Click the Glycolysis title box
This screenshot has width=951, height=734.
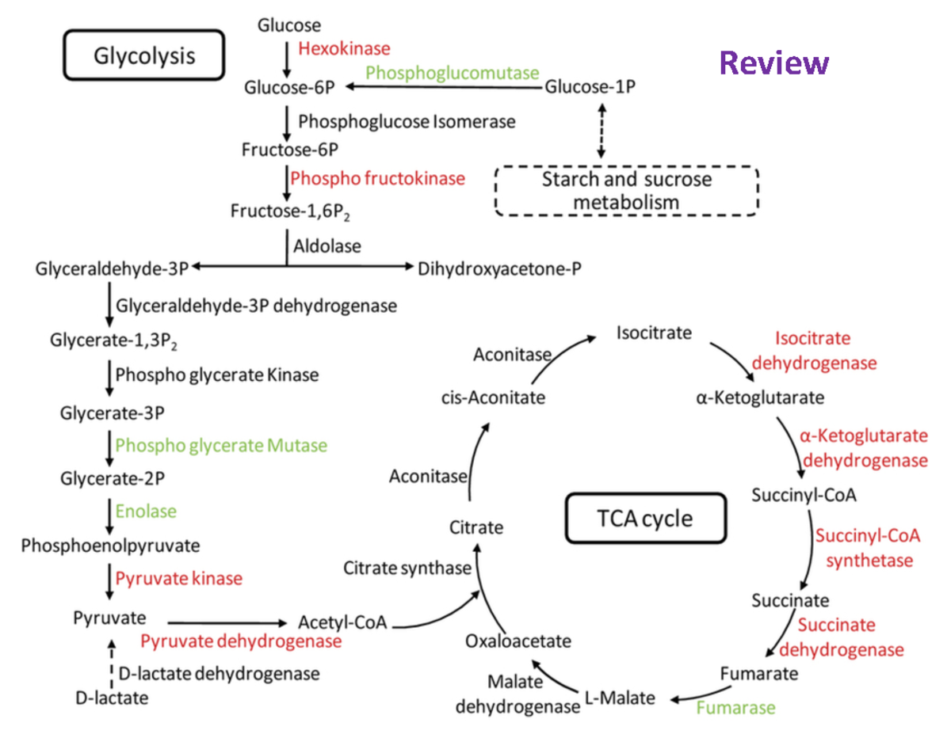pos(144,56)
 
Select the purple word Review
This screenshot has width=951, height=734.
pos(774,63)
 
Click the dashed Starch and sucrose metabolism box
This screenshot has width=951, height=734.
pos(626,191)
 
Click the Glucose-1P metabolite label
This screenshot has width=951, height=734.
pos(590,87)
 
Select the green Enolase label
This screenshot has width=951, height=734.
pos(146,511)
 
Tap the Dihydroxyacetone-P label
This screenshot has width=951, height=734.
pos(499,268)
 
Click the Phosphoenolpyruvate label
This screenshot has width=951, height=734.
pos(110,546)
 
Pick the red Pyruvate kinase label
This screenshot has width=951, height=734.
pos(178,579)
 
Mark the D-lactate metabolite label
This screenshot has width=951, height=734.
pos(112,698)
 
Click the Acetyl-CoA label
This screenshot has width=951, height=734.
pos(342,622)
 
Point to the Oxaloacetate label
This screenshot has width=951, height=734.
pos(518,641)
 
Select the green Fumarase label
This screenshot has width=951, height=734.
pos(736,707)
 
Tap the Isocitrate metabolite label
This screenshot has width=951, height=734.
pos(654,333)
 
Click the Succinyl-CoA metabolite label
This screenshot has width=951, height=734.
pos(804,496)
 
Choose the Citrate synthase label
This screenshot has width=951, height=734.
pos(407,568)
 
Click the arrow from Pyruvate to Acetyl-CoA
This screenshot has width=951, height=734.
pos(226,622)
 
